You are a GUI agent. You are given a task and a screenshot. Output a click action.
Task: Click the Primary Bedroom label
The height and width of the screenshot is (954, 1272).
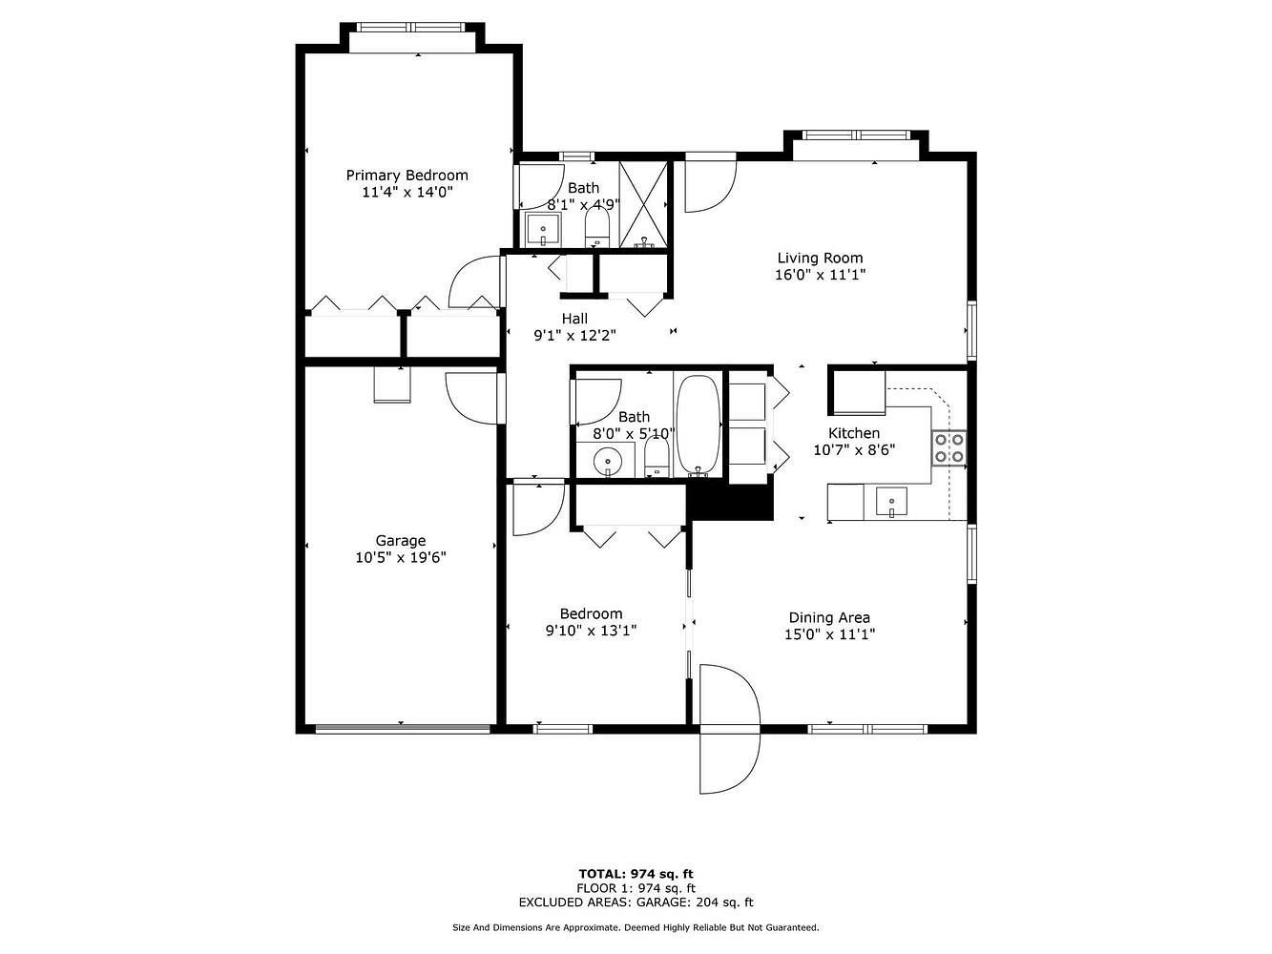(x=407, y=175)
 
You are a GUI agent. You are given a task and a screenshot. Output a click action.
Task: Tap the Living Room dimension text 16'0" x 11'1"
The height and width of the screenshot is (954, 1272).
(x=820, y=275)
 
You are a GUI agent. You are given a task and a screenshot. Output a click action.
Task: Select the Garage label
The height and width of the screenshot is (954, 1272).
(x=401, y=540)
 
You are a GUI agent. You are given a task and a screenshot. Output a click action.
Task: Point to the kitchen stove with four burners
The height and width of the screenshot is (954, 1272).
(x=949, y=447)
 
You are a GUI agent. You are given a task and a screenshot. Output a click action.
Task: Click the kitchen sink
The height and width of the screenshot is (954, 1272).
(x=891, y=502)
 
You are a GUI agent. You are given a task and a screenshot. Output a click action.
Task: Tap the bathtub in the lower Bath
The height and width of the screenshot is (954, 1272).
(x=699, y=425)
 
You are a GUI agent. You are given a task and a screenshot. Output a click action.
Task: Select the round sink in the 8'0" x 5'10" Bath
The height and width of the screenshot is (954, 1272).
(x=608, y=462)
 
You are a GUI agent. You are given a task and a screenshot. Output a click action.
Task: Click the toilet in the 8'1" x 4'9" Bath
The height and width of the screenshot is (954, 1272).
(x=597, y=227)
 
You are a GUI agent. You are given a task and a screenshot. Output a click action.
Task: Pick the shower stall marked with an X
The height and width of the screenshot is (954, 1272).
(x=643, y=205)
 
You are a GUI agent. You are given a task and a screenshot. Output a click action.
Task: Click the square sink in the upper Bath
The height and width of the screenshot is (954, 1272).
(x=543, y=229)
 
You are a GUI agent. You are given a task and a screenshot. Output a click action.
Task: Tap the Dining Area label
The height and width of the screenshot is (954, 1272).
(x=829, y=617)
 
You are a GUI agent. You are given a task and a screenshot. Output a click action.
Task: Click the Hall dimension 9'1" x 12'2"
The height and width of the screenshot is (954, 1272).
(x=574, y=336)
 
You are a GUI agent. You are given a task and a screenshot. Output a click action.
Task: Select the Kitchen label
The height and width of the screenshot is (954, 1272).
(x=854, y=433)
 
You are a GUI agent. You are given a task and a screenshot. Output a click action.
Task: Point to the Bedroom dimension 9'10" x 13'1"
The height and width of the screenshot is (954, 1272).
(x=591, y=631)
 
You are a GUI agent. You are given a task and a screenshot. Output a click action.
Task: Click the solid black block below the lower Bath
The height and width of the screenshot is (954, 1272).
(x=730, y=502)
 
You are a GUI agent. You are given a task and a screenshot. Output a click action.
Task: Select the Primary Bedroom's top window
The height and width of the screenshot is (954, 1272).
(x=410, y=28)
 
